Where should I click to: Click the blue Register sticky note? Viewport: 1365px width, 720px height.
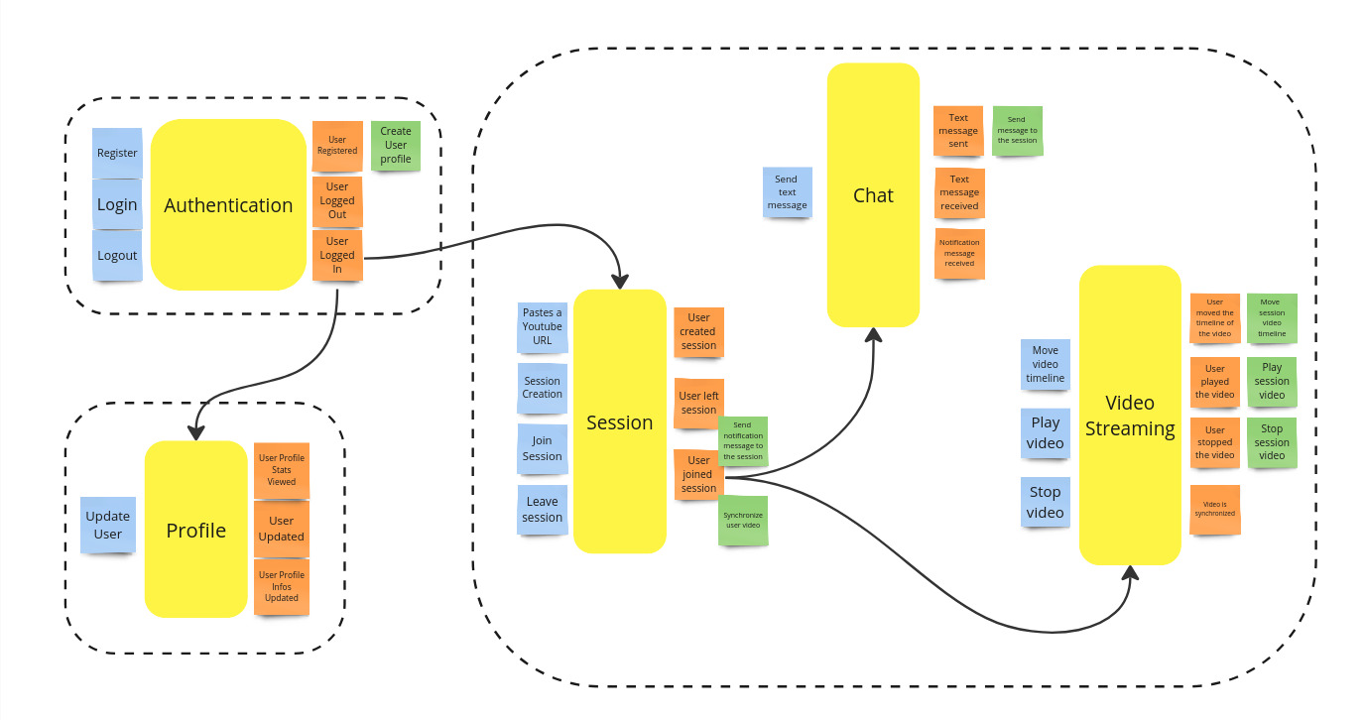pos(117,153)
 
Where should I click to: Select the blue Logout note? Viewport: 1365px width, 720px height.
pos(117,255)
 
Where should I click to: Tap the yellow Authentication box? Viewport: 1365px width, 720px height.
pos(228,205)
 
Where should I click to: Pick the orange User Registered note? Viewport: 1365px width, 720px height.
pos(337,146)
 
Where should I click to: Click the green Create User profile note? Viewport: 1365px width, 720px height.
pos(396,145)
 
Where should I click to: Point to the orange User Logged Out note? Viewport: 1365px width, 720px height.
pos(337,200)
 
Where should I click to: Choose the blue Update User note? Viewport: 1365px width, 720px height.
pos(107,525)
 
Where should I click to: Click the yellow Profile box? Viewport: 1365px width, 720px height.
pos(195,530)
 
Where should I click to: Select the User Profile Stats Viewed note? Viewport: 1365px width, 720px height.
pos(282,470)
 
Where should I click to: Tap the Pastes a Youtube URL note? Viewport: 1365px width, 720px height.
pos(543,327)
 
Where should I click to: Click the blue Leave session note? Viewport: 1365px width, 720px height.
pos(543,510)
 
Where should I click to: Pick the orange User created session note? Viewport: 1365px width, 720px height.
pos(698,331)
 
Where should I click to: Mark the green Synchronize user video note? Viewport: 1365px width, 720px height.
pos(743,520)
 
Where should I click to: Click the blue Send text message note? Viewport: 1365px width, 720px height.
pos(787,192)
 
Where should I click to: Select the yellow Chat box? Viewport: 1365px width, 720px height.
pos(873,195)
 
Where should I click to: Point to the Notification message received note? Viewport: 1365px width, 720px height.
pos(959,253)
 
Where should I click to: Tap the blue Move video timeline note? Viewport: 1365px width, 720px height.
pos(1046,364)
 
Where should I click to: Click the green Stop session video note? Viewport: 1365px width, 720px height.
pos(1272,442)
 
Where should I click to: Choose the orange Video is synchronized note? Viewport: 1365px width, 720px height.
pos(1215,509)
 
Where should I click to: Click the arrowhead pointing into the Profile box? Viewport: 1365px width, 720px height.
pos(195,432)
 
